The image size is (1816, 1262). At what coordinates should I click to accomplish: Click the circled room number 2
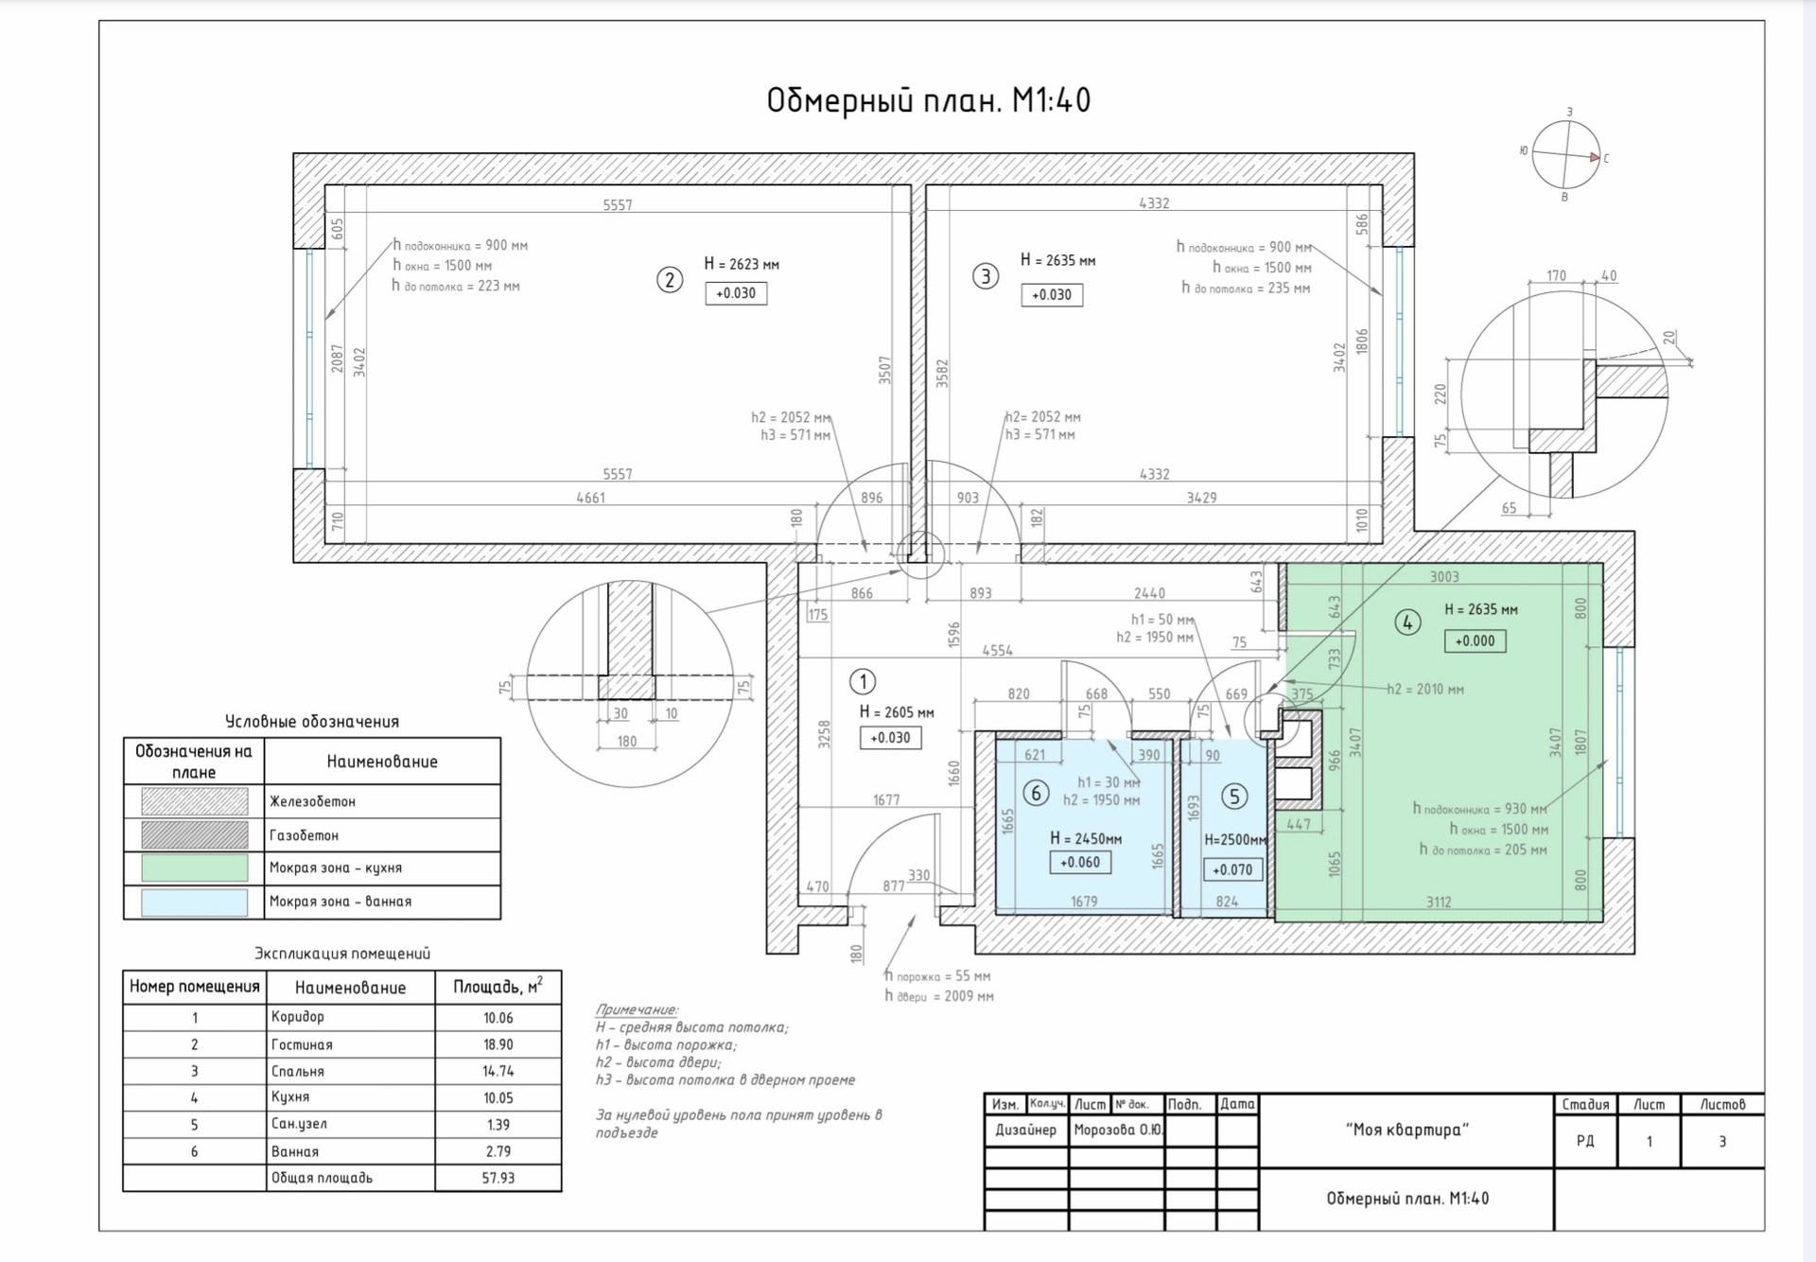(670, 280)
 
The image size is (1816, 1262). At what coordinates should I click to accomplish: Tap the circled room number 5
(1234, 797)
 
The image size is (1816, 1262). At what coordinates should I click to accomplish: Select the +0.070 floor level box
(1232, 869)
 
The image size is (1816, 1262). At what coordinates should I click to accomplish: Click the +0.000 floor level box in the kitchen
(1475, 640)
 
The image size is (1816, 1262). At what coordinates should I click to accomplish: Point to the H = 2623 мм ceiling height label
(742, 264)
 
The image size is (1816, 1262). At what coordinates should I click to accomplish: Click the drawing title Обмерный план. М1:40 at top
(928, 100)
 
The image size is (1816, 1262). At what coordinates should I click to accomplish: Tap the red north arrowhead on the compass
(1595, 158)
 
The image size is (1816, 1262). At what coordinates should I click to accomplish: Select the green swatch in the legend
(195, 868)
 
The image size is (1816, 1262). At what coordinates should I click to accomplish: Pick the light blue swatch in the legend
(195, 902)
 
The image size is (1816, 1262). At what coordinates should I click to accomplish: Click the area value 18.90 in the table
(498, 1044)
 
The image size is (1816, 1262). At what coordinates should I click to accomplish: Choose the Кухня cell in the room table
(290, 1097)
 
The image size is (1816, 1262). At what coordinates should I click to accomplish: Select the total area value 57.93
(498, 1178)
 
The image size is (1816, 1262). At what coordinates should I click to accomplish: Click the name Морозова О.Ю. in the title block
(1118, 1130)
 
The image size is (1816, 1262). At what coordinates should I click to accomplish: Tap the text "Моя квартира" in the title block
(1406, 1130)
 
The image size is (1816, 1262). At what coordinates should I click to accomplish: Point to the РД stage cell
(1585, 1141)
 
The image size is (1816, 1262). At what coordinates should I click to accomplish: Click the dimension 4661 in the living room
(591, 498)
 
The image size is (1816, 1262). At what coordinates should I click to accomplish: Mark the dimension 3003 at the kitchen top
(1444, 577)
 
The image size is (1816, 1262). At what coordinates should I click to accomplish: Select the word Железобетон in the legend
(313, 801)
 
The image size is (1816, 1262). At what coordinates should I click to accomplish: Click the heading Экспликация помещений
(342, 954)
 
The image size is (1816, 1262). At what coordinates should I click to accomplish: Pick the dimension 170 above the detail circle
(1556, 276)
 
